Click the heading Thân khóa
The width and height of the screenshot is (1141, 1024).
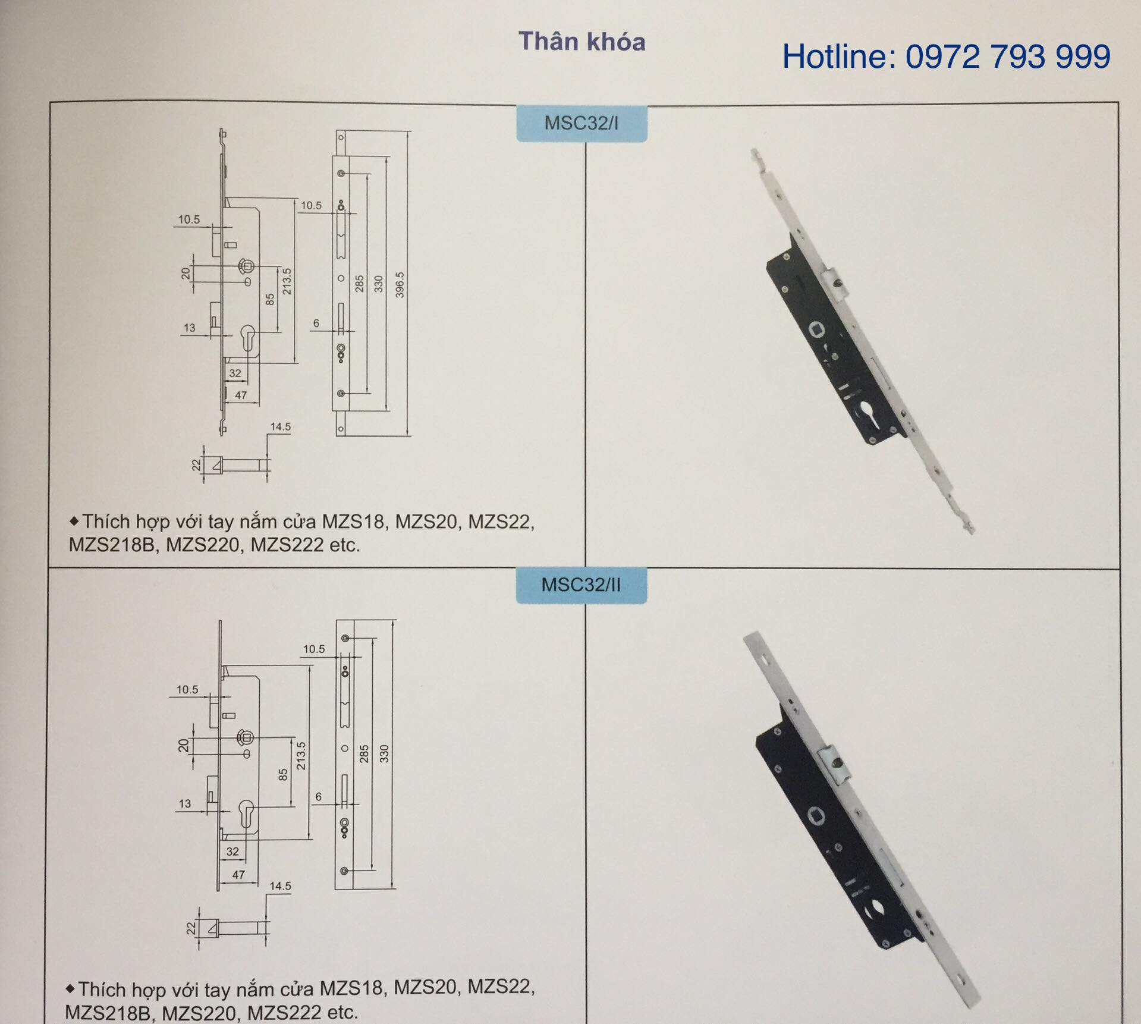pos(581,42)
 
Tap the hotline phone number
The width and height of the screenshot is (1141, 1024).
pos(1008,57)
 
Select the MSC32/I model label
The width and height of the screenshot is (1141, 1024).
pos(581,123)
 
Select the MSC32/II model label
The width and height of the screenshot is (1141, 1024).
pos(581,585)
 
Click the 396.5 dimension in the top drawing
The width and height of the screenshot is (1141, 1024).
pos(400,285)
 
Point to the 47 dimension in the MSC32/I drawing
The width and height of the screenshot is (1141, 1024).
pos(241,395)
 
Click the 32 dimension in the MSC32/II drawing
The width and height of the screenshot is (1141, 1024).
pos(232,852)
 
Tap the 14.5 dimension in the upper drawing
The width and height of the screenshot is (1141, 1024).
pos(281,426)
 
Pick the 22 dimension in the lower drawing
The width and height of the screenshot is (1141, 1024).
pos(191,928)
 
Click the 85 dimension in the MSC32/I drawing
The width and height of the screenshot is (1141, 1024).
pos(270,299)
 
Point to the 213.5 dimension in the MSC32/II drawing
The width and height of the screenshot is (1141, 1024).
pos(301,756)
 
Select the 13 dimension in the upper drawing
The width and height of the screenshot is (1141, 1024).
pos(189,328)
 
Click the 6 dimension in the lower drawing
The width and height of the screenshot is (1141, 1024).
pos(319,797)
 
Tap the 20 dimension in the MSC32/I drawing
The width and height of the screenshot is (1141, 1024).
pos(186,273)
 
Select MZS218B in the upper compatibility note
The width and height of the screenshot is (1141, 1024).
pos(111,545)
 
